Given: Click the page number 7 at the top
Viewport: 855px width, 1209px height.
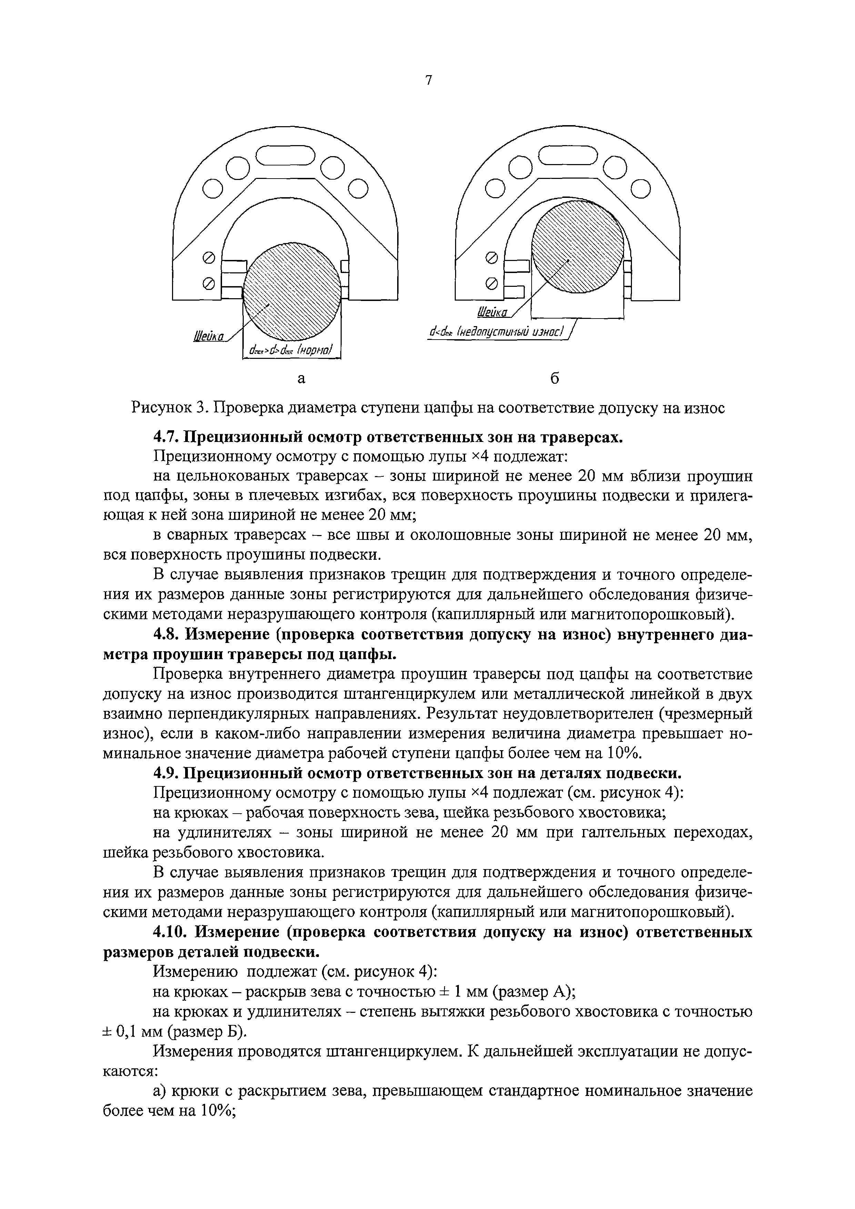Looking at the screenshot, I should (x=429, y=80).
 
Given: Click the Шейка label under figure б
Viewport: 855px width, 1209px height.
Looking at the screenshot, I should (x=492, y=313).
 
